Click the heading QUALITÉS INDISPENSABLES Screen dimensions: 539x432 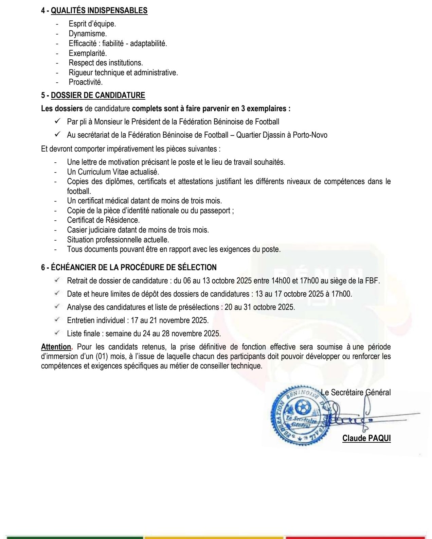(99, 11)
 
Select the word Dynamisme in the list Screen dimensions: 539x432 (87, 34)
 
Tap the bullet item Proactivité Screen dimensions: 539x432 (86, 82)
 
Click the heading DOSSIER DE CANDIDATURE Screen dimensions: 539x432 (98, 95)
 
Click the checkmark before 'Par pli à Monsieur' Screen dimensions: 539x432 (57, 121)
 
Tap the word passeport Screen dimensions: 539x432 (215, 211)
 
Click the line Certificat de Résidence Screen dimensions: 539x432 (103, 220)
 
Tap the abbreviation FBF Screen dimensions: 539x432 (372, 281)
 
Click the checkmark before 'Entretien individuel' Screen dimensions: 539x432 (57, 320)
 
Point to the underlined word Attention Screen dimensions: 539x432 (56, 347)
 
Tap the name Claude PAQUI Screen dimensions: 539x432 (366, 438)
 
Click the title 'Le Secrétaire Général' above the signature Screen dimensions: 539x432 (356, 392)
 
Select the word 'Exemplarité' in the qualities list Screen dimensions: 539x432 (88, 53)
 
